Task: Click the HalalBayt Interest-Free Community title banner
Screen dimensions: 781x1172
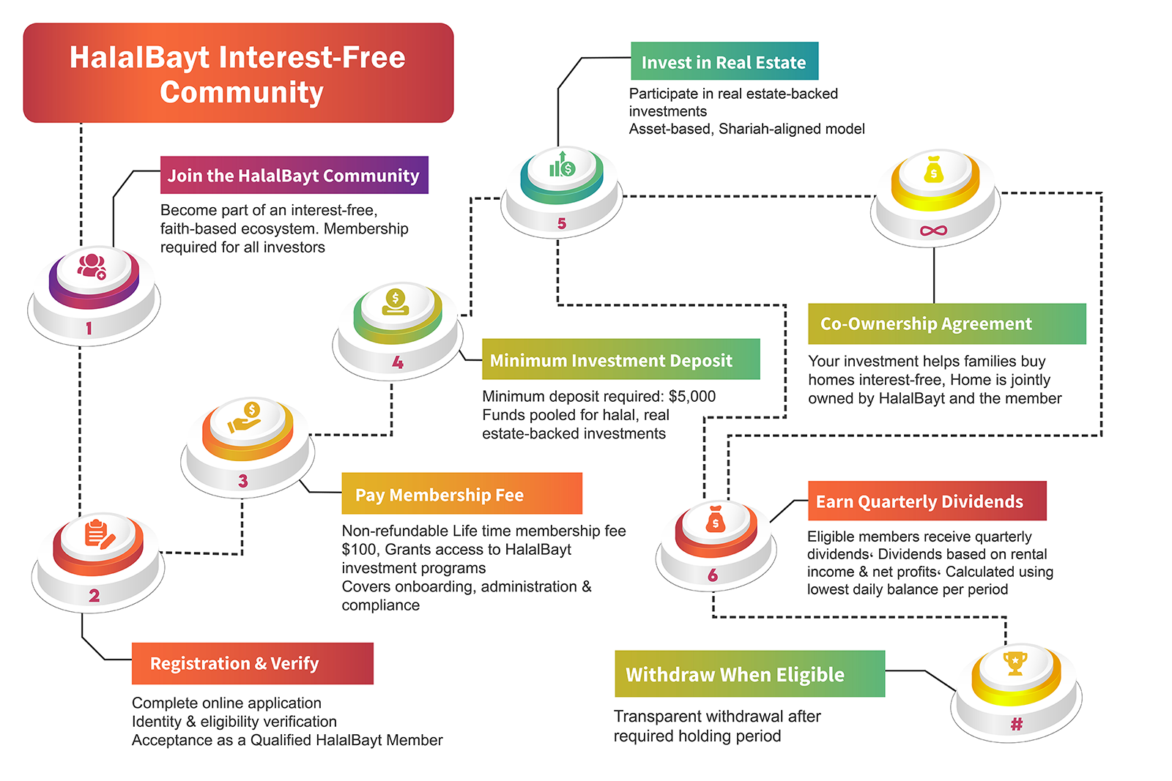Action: pyautogui.click(x=238, y=73)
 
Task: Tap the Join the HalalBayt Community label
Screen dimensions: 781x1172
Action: pyautogui.click(x=294, y=176)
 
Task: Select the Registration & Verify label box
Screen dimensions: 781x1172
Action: pyautogui.click(x=252, y=663)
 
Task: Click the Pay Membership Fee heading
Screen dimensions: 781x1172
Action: pyautogui.click(x=461, y=494)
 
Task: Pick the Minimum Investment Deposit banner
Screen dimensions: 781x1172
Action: pyautogui.click(x=620, y=359)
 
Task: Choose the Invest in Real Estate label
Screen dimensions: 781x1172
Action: pyautogui.click(x=724, y=62)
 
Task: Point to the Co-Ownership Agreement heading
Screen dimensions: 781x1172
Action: pyautogui.click(x=946, y=324)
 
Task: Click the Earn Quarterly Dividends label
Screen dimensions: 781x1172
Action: pyautogui.click(x=927, y=501)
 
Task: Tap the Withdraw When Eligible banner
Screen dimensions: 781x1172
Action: pyautogui.click(x=749, y=674)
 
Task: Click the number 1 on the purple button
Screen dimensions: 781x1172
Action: pyautogui.click(x=89, y=328)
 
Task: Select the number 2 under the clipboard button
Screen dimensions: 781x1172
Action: pyautogui.click(x=94, y=596)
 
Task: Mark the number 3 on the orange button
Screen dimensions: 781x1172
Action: pyautogui.click(x=243, y=481)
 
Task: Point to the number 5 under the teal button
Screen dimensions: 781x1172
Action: pyautogui.click(x=562, y=223)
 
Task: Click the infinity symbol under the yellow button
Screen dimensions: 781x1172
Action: pyautogui.click(x=933, y=231)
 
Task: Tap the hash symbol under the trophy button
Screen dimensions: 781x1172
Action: pyautogui.click(x=1017, y=725)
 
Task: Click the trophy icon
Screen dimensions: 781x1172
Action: pyautogui.click(x=1015, y=663)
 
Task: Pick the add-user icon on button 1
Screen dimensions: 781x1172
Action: pyautogui.click(x=92, y=266)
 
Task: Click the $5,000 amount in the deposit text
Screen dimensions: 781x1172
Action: pyautogui.click(x=692, y=397)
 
